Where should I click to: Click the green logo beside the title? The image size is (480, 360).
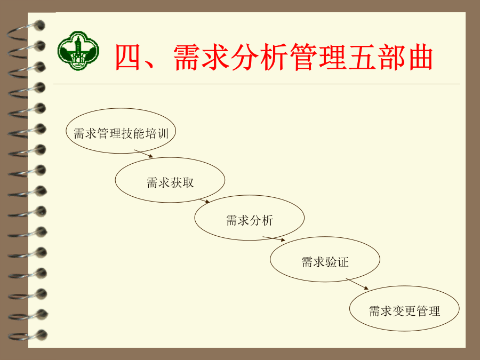pos(78,51)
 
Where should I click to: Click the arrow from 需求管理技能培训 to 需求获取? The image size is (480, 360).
pos(143,154)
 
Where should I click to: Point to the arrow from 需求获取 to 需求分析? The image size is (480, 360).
pos(204,201)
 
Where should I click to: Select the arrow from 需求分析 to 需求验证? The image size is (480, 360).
pos(274,239)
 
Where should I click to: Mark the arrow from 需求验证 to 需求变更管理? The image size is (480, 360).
pos(357,284)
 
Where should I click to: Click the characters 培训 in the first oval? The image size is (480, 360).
pos(157,134)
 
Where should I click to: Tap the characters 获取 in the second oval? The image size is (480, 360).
pos(182,183)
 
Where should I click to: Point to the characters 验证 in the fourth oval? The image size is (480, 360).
pos(337,262)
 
